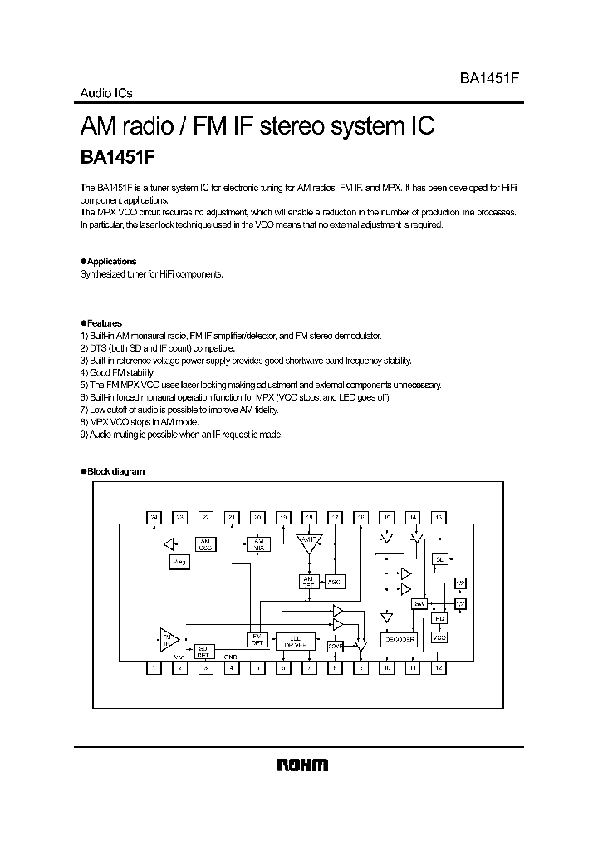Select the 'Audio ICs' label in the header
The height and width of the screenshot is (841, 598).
coord(106,94)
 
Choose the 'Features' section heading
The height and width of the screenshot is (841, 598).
coord(104,323)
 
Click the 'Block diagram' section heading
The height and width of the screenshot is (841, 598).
coord(115,471)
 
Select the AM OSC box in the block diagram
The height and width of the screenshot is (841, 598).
coord(205,544)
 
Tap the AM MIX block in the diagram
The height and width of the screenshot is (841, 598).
coord(257,544)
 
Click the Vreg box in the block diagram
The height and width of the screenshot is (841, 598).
coord(179,563)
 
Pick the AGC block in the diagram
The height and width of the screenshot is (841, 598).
coord(334,582)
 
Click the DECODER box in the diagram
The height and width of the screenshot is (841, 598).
coord(398,639)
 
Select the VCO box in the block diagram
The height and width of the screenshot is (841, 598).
coord(439,637)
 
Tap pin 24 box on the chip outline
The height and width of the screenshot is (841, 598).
coord(154,517)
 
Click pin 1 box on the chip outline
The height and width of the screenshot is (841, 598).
coord(154,667)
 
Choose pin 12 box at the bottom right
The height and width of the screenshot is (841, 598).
coord(439,667)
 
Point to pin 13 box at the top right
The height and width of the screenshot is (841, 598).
coord(439,517)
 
